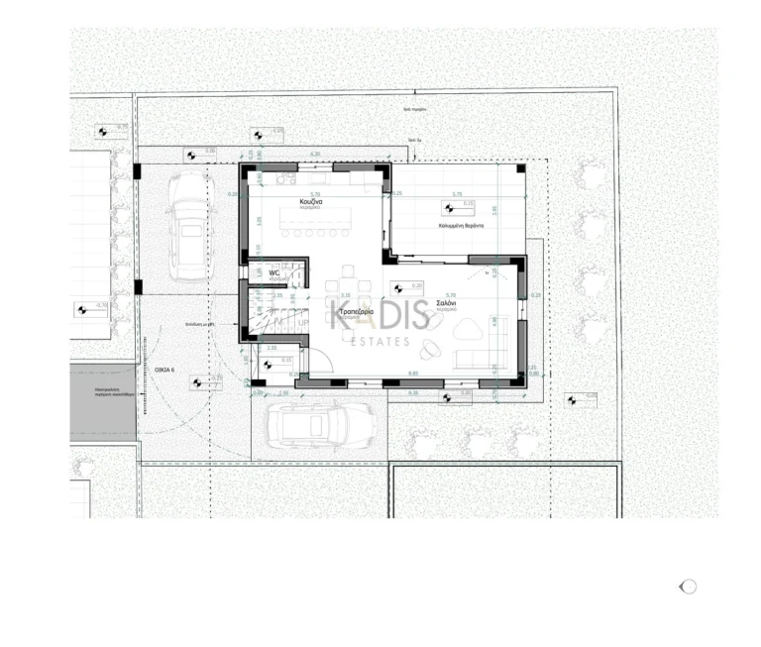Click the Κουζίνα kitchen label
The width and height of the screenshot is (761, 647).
pos(314,202)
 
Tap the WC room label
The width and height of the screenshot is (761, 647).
pos(273,273)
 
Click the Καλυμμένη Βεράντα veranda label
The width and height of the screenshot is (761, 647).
pos(462,226)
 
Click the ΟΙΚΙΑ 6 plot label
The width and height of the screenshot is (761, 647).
pos(164,370)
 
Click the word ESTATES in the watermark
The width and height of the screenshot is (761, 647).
pos(381,342)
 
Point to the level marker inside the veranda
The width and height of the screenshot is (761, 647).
pos(449,208)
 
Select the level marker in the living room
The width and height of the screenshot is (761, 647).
pos(398,289)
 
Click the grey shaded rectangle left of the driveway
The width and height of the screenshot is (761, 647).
pos(103,400)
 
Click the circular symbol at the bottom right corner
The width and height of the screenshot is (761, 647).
pos(688,587)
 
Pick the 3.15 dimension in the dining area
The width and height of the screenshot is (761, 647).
pos(346,295)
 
